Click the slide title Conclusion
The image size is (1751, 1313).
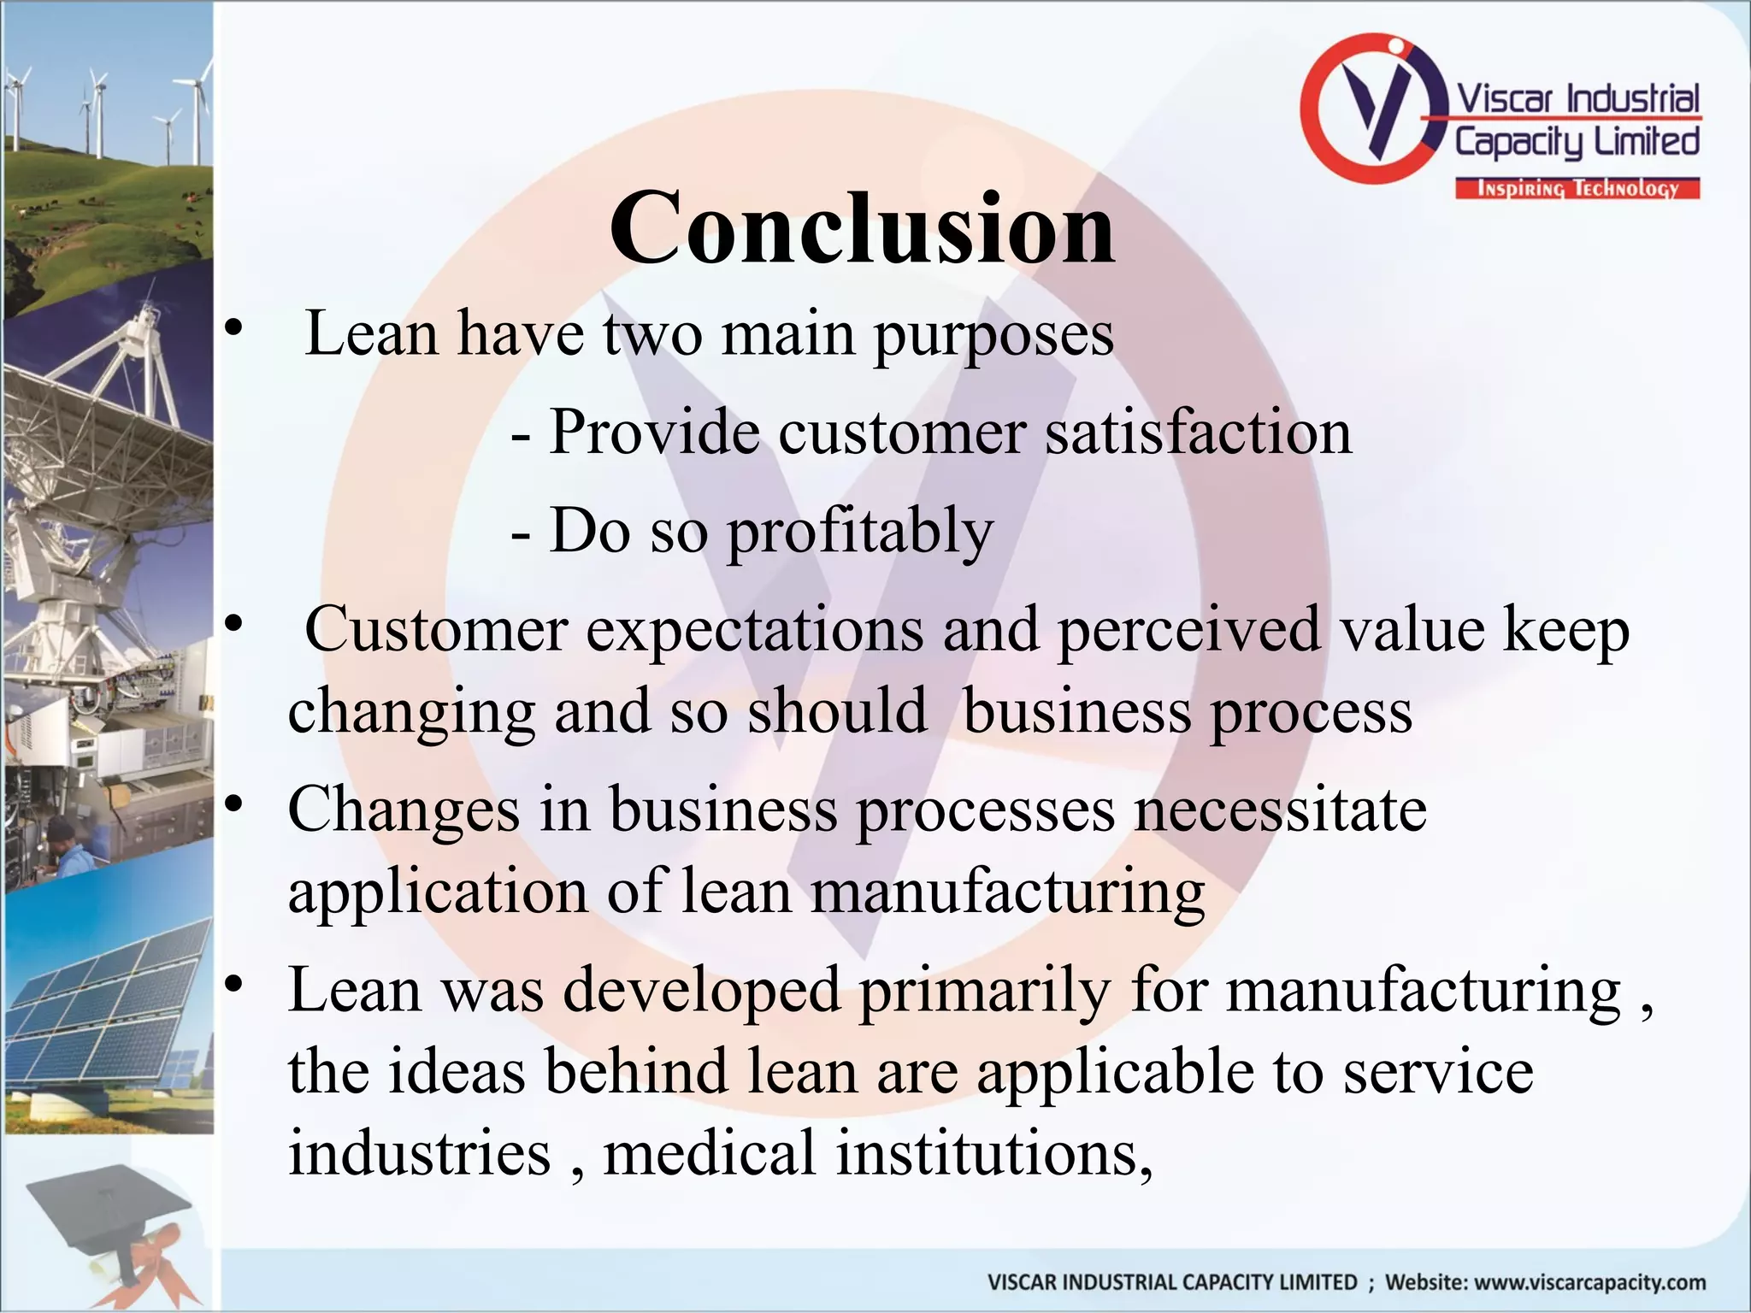tap(862, 228)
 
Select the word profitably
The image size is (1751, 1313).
tap(859, 532)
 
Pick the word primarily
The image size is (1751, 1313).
tap(984, 991)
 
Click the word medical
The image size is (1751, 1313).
tap(709, 1152)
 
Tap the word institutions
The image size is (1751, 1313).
tap(993, 1152)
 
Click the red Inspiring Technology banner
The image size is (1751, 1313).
tap(1577, 188)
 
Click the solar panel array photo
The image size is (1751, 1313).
tap(107, 1009)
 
